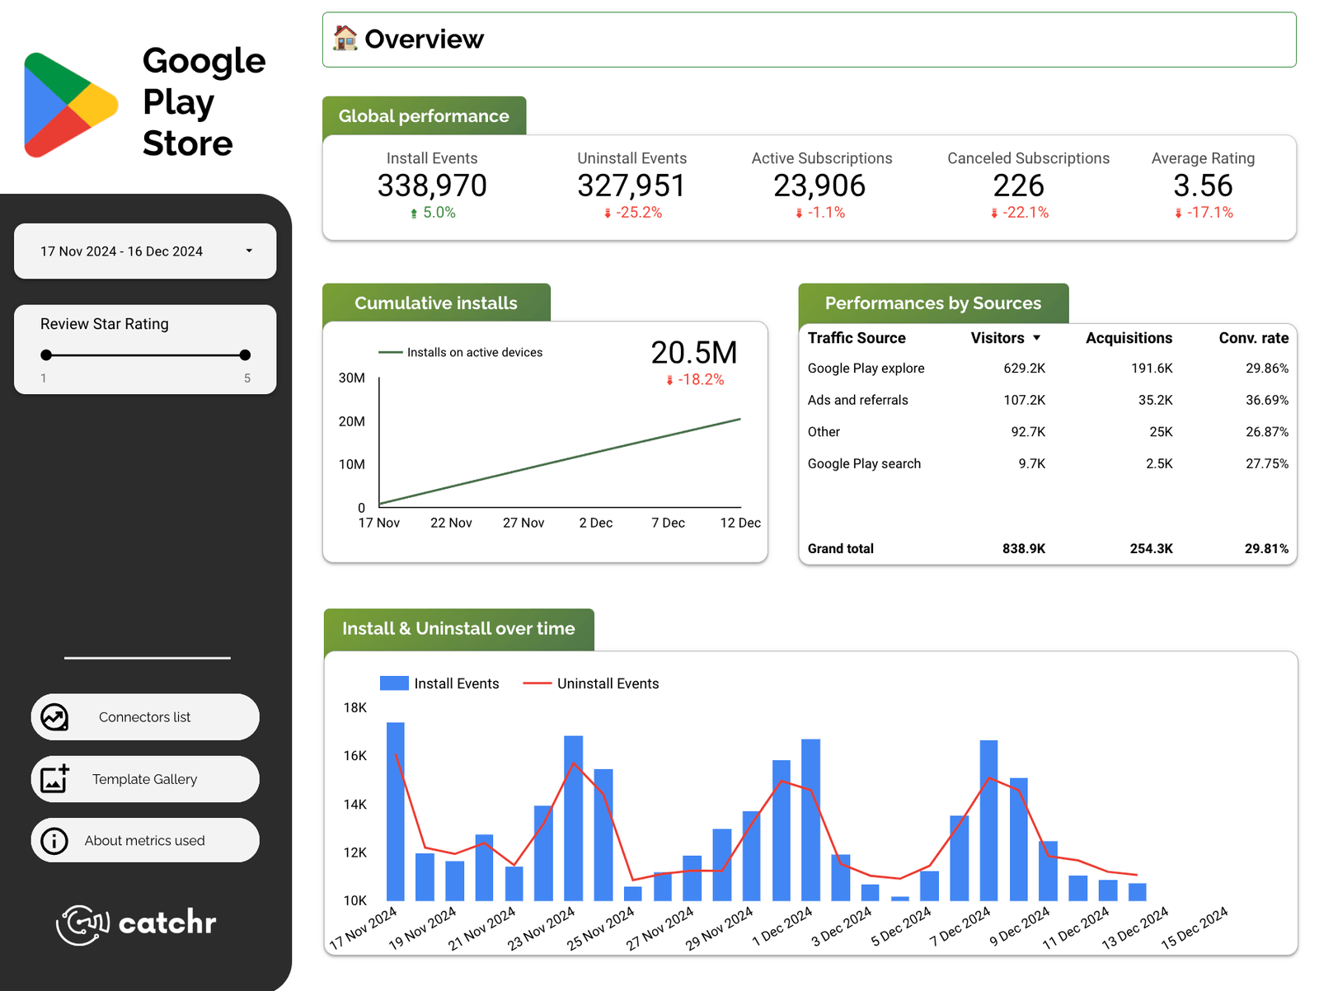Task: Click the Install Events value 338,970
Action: coord(432,186)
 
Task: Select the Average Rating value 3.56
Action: coord(1203,186)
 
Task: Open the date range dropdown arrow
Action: coord(249,251)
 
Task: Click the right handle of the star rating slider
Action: coord(245,355)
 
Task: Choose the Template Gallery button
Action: coord(145,779)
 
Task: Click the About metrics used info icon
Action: coord(54,841)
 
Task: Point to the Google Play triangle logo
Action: coord(69,105)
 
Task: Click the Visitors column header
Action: coord(997,338)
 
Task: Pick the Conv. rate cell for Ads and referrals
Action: coord(1266,400)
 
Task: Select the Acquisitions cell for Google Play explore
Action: coord(1152,369)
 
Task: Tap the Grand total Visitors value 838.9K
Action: coord(1024,549)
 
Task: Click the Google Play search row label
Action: coord(864,464)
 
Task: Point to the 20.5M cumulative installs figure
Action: coord(694,353)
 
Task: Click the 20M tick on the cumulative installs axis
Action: coord(352,421)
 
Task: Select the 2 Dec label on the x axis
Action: coord(595,523)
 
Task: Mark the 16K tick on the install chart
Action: coord(355,756)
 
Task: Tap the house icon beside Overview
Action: coord(345,38)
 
